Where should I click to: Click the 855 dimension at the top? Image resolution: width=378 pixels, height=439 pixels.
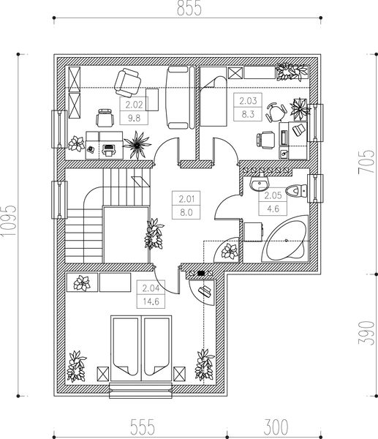(x=189, y=8)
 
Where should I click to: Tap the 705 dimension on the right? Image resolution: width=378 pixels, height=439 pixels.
(x=366, y=162)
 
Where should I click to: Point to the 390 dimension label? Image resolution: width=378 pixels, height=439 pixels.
(x=366, y=334)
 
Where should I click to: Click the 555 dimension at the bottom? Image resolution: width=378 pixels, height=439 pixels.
(x=143, y=427)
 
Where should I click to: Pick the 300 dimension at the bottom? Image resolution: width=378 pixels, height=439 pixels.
(x=276, y=427)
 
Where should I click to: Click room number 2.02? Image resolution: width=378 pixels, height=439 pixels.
(x=134, y=105)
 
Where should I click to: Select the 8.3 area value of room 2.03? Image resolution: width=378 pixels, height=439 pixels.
(x=248, y=114)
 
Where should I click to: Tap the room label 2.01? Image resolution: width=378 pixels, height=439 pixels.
(x=186, y=199)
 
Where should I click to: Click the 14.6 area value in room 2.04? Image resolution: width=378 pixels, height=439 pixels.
(x=151, y=301)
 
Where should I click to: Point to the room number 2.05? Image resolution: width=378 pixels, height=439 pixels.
(x=273, y=195)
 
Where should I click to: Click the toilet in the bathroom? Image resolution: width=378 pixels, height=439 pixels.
(x=296, y=191)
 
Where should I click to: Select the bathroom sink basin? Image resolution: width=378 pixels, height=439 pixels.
(x=259, y=184)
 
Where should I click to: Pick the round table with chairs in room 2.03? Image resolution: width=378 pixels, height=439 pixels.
(x=276, y=112)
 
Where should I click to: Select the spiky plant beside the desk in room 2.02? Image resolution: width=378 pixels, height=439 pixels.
(x=137, y=145)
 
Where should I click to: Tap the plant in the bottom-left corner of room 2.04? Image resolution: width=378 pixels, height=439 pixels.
(x=76, y=367)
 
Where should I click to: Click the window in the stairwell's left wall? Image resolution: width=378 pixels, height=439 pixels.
(x=59, y=200)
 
